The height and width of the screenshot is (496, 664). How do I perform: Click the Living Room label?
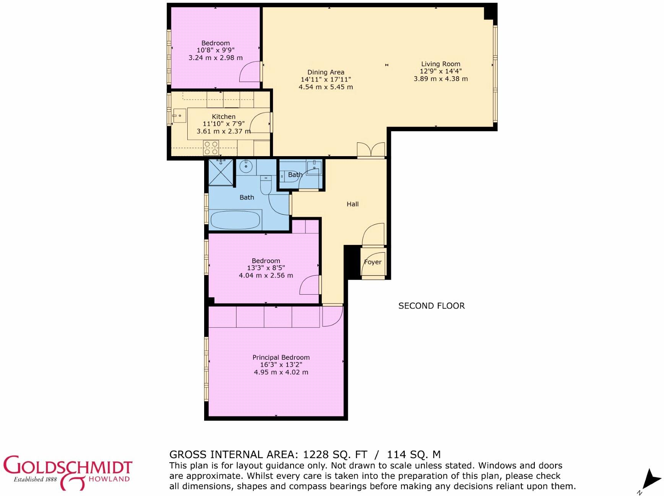coord(440,64)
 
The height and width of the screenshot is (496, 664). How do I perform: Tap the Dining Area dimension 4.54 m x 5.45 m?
coord(326,87)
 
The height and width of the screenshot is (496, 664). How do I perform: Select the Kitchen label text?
coord(224,116)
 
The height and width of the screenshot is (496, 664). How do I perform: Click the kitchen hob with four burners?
coord(211,148)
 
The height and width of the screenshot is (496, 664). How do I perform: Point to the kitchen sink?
coord(179,115)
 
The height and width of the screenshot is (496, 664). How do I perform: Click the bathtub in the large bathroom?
coord(235,220)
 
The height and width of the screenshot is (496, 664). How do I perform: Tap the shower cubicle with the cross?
coord(221,173)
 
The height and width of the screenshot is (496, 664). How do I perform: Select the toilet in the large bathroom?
coord(266,185)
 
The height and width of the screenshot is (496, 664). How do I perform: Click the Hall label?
coord(352,204)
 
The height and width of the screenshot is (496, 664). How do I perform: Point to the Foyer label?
coord(373,262)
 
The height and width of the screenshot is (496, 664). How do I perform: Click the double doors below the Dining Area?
coord(371,150)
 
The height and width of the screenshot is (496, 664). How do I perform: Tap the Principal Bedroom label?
coord(281,357)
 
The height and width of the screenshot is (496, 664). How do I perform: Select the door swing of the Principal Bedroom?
coord(332,317)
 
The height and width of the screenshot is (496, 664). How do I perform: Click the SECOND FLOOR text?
coord(432,306)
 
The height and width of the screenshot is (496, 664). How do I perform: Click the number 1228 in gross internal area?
coord(316,454)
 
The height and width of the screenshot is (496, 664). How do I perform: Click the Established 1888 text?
coord(35,479)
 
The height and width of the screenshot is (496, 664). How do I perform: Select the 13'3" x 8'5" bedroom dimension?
coord(266,268)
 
